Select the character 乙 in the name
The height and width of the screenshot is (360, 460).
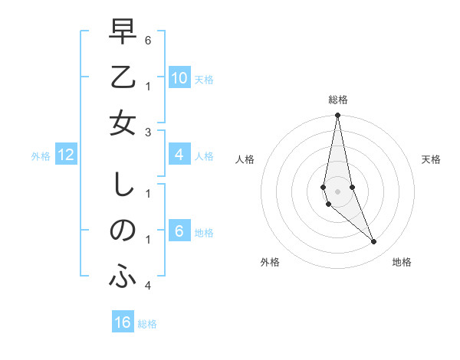[x=123, y=78]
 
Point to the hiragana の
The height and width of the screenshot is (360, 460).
[x=123, y=231]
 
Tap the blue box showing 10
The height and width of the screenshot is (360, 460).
[x=179, y=78]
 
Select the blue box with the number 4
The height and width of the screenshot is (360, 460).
[x=179, y=155]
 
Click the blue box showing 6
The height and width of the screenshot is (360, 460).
[x=179, y=232]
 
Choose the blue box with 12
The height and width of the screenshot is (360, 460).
[x=66, y=155]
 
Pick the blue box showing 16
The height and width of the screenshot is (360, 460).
[x=123, y=322]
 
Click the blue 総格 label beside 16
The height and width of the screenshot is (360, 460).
[x=147, y=324]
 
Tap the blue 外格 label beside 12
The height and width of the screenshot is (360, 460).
[x=41, y=156]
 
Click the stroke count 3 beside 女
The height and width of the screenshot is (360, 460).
[x=147, y=132]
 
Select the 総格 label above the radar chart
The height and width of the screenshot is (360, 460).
[x=337, y=100]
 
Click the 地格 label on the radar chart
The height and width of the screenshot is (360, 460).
[x=402, y=262]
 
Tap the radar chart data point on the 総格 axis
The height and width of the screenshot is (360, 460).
[x=337, y=116]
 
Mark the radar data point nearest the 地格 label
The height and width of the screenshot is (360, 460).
[x=373, y=242]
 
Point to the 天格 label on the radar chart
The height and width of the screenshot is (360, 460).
[x=431, y=159]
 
